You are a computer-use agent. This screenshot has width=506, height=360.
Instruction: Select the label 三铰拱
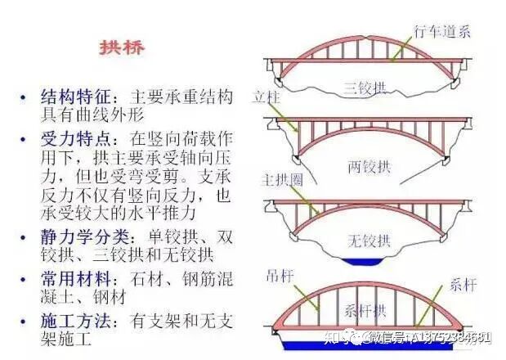(x=365, y=87)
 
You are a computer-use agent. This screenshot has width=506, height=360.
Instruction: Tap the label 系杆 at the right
(x=462, y=286)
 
